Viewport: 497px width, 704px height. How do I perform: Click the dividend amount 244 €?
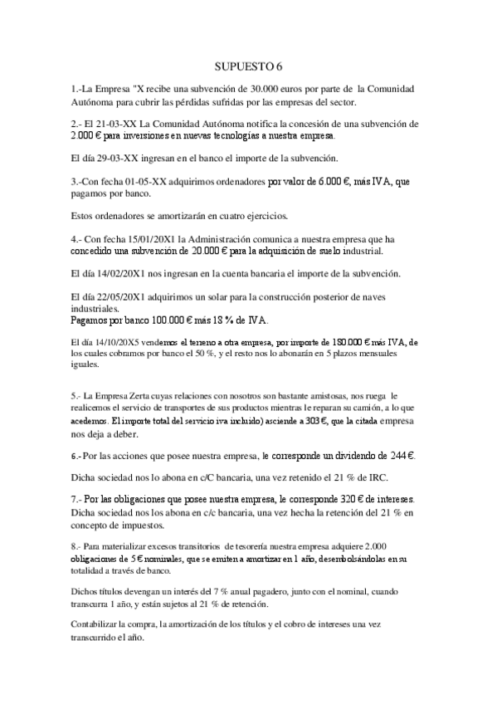pos(398,455)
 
